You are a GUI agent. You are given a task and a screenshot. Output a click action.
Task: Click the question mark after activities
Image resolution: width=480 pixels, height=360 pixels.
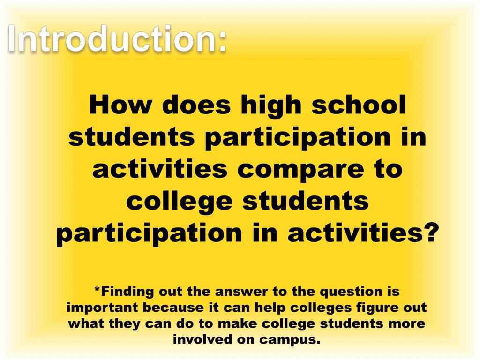[x=430, y=233]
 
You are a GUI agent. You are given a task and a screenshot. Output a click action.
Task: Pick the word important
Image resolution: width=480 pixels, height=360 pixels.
[x=102, y=308]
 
